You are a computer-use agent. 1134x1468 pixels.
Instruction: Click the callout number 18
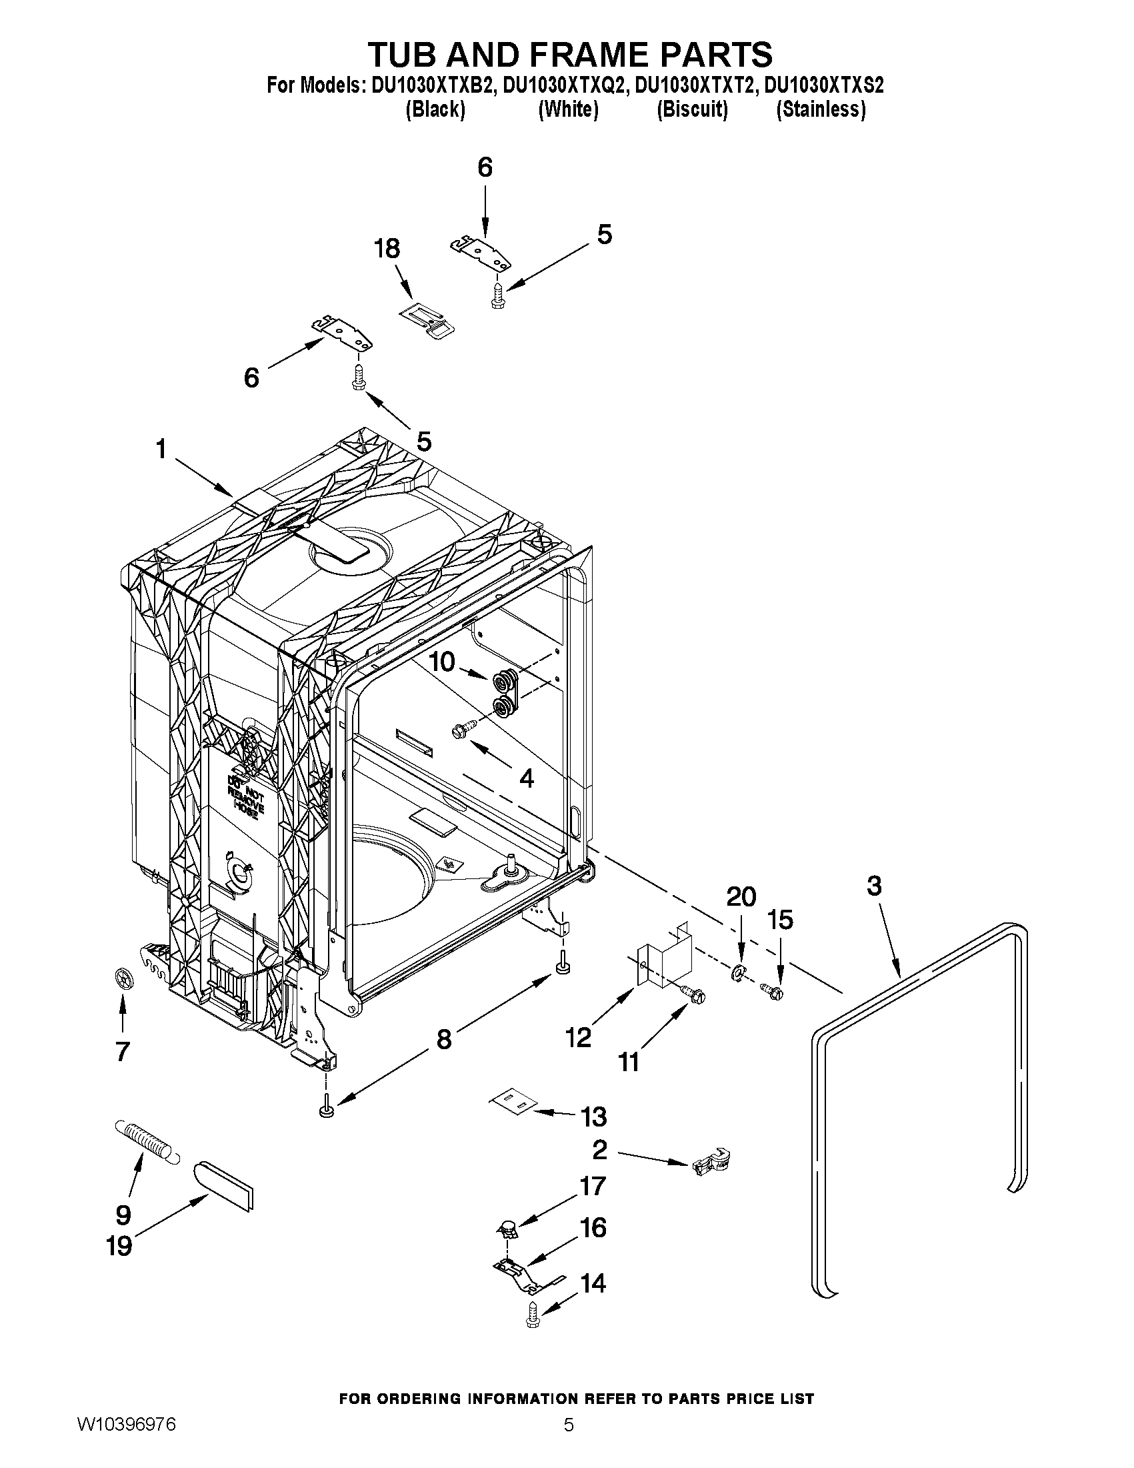click(387, 248)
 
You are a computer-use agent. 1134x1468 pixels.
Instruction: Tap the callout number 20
click(740, 896)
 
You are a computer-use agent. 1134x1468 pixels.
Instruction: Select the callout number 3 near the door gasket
click(873, 886)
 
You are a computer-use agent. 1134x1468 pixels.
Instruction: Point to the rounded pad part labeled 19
click(223, 1185)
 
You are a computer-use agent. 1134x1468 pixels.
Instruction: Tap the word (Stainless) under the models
click(820, 109)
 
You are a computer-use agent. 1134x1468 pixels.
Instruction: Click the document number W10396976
click(126, 1443)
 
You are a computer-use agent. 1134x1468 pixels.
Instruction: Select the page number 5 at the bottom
click(569, 1443)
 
